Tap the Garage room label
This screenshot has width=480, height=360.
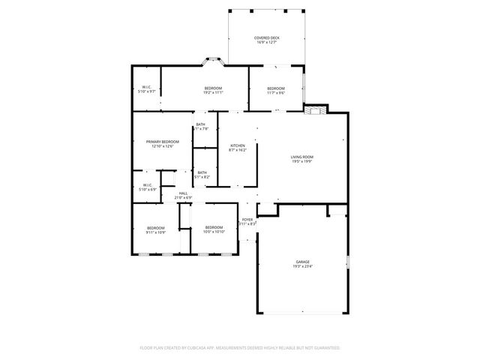pyautogui.click(x=302, y=262)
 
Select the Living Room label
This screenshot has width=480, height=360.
pyautogui.click(x=302, y=156)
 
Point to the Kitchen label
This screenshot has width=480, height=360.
pyautogui.click(x=237, y=145)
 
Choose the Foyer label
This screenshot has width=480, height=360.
pyautogui.click(x=247, y=220)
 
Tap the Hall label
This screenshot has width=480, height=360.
pyautogui.click(x=183, y=193)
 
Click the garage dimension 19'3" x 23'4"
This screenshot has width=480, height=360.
pyautogui.click(x=302, y=266)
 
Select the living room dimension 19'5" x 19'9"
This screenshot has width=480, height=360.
pyautogui.click(x=302, y=160)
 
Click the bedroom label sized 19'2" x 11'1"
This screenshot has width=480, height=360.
pyautogui.click(x=214, y=88)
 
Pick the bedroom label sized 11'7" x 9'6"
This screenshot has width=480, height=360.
pyautogui.click(x=276, y=88)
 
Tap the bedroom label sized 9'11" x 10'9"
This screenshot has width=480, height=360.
pyautogui.click(x=155, y=227)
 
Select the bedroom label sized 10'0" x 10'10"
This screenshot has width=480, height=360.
pyautogui.click(x=214, y=227)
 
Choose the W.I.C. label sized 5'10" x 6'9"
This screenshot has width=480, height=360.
pyautogui.click(x=147, y=185)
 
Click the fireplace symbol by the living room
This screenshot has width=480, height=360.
pyautogui.click(x=316, y=111)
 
